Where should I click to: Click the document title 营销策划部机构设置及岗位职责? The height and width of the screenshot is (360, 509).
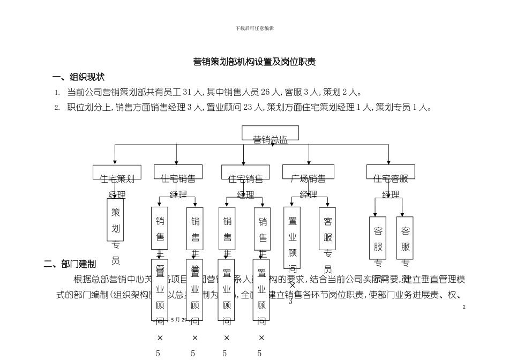point(254,62)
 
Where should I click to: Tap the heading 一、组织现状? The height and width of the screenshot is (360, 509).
point(78,77)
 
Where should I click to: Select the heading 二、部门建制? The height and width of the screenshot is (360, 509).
point(70,264)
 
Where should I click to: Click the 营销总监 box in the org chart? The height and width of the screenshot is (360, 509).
point(270,133)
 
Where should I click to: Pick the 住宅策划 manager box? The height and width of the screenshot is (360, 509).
point(117,172)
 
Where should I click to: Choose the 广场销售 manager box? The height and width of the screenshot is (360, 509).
point(308,172)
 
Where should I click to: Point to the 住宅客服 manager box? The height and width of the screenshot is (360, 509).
point(391,172)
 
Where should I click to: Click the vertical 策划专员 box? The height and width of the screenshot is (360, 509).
point(115,220)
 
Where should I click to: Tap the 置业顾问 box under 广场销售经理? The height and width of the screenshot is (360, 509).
point(292,237)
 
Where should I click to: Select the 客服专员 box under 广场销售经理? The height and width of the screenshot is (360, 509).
point(327,229)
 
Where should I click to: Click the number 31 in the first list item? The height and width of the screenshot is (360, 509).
point(188,92)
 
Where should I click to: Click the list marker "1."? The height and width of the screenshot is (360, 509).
point(57,93)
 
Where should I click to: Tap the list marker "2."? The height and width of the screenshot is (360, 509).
point(57,108)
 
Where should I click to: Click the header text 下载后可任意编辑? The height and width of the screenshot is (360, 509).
point(254,28)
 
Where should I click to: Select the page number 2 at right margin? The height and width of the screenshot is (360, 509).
point(464,306)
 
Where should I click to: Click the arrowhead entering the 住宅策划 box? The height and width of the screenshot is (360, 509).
point(115,162)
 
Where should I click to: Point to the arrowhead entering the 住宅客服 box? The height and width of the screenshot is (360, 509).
point(389,162)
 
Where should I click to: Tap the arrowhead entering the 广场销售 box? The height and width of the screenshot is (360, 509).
point(309,162)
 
